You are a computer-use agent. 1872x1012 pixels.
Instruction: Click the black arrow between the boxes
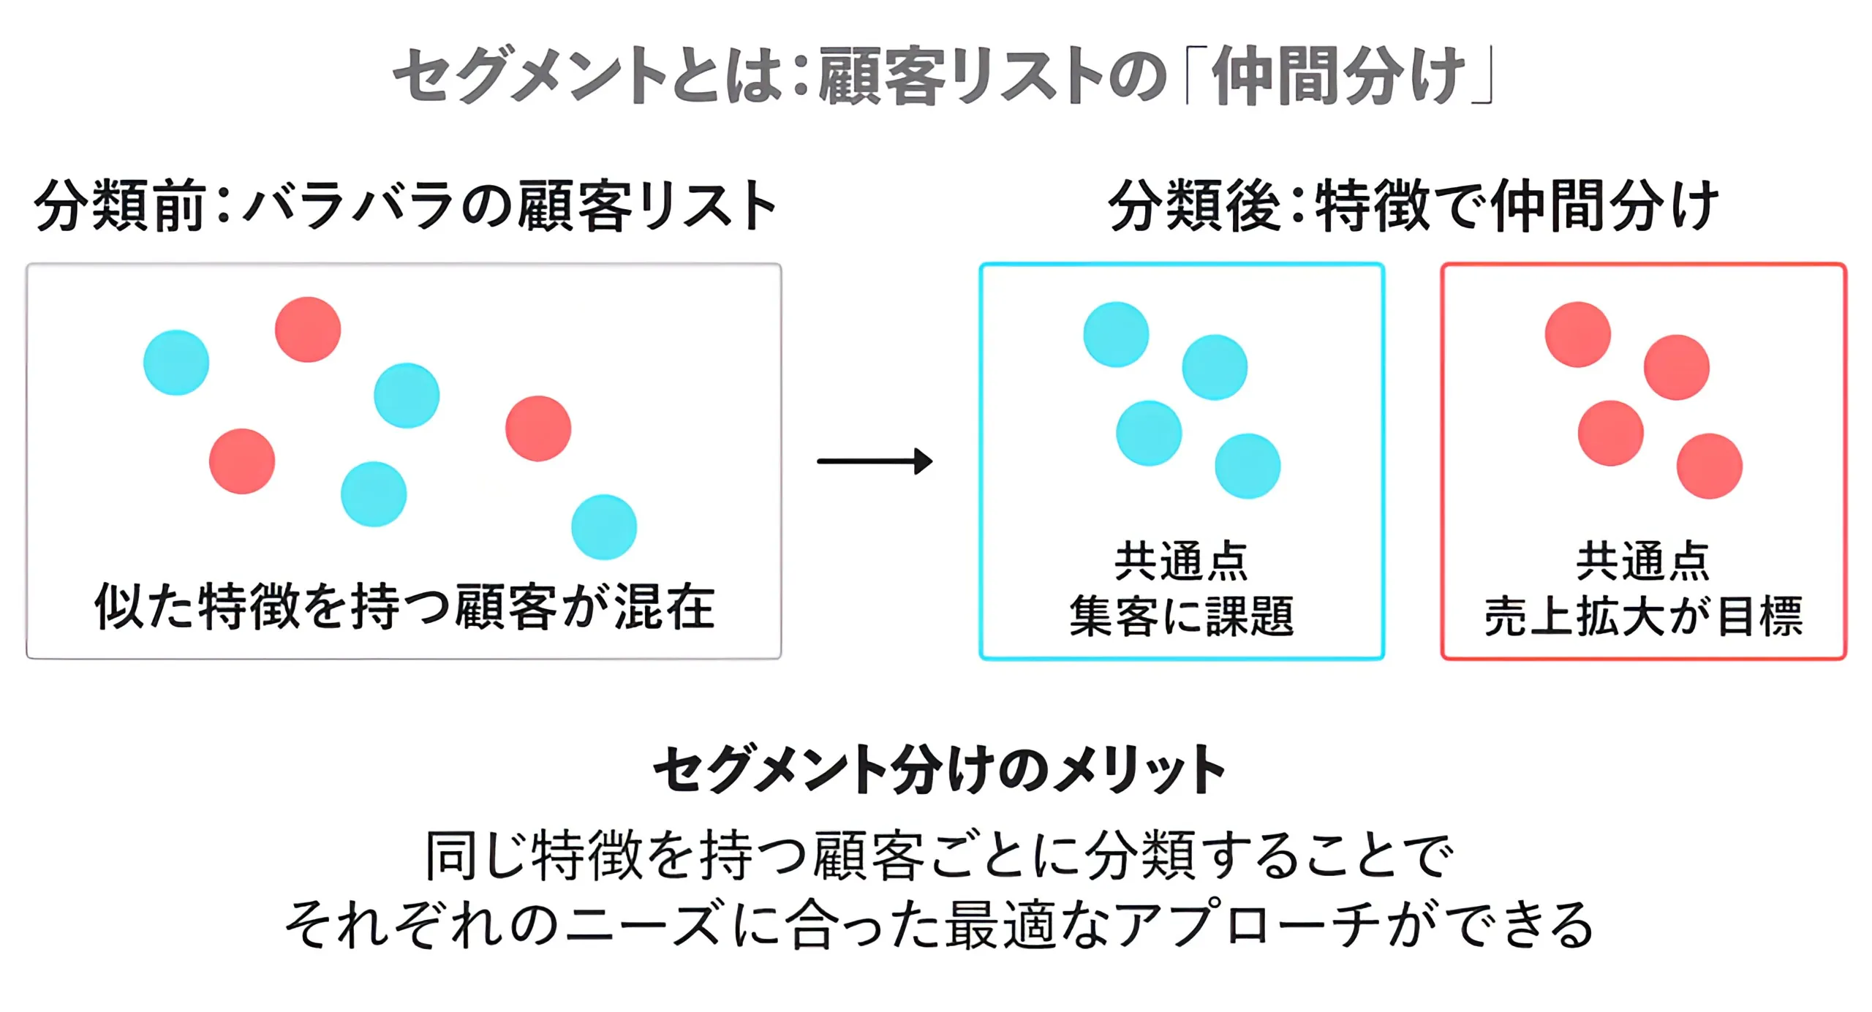point(875,461)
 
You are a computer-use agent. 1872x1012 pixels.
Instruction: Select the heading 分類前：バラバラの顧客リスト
point(406,205)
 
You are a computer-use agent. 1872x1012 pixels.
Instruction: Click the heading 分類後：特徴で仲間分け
point(1412,205)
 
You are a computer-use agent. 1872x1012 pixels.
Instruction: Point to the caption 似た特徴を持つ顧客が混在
point(404,606)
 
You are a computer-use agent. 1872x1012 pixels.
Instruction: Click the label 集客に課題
point(1181,616)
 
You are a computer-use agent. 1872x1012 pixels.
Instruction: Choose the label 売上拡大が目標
point(1643,616)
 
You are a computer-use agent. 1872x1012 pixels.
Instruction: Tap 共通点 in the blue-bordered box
point(1181,562)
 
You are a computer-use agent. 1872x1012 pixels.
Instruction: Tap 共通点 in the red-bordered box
point(1643,562)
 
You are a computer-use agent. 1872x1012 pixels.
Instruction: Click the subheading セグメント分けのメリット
point(939,769)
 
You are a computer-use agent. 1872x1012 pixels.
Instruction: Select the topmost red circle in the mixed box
point(308,329)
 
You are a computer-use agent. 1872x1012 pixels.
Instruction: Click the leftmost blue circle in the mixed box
point(176,363)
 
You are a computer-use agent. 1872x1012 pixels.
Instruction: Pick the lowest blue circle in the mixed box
point(604,527)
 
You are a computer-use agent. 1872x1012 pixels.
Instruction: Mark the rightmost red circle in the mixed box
point(538,428)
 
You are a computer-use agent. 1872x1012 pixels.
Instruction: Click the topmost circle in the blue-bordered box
point(1116,334)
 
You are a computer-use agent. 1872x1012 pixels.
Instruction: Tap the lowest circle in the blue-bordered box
point(1248,466)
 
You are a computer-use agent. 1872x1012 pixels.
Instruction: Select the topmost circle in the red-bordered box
point(1577,334)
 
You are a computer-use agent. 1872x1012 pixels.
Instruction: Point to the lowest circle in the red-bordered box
point(1709,466)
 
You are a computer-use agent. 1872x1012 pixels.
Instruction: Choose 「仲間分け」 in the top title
point(1338,75)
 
